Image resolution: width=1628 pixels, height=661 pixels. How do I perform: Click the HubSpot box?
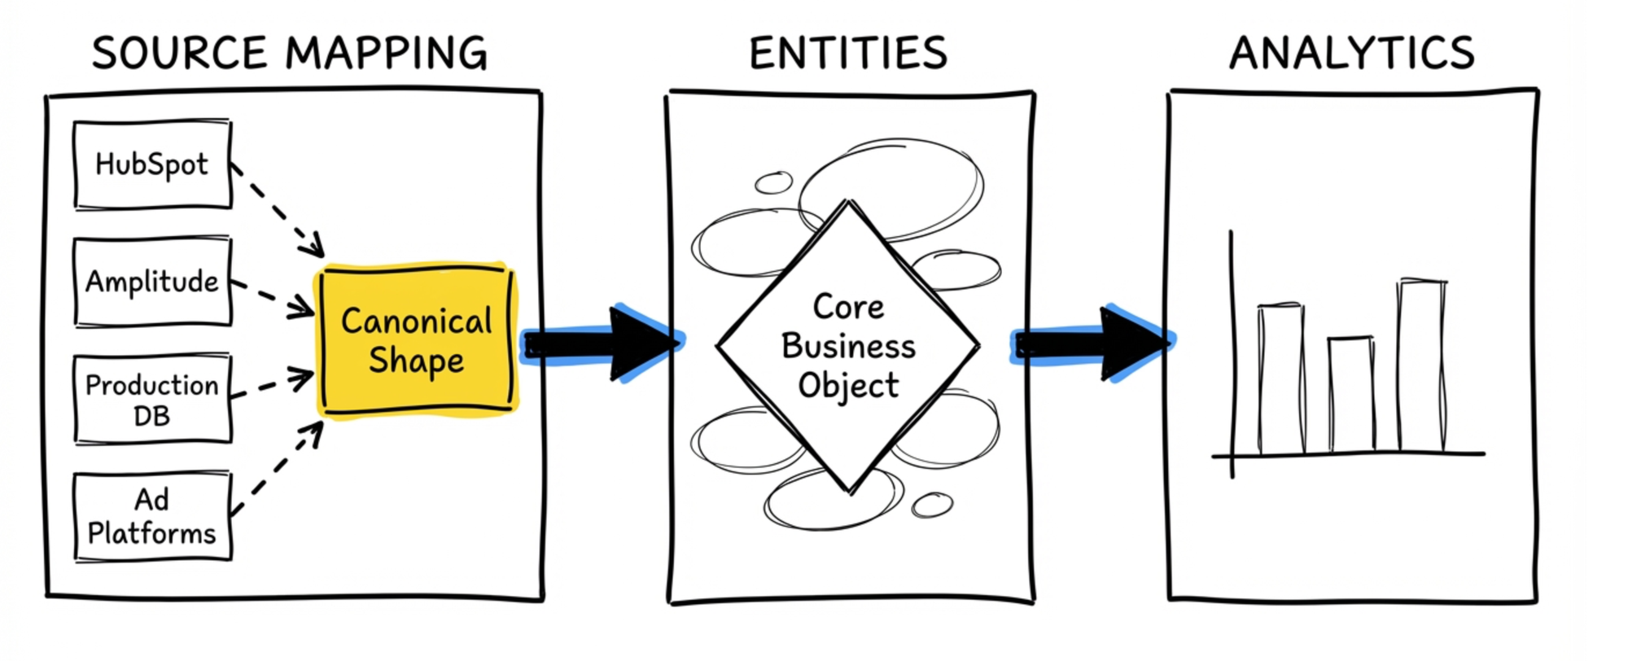point(152,164)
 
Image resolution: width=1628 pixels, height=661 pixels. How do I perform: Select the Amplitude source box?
point(152,282)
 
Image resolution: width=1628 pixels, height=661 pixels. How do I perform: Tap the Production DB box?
point(152,399)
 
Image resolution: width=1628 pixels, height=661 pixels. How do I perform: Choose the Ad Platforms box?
point(152,516)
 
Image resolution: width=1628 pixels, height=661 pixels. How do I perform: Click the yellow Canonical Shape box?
point(417,340)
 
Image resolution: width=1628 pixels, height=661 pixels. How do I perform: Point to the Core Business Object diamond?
point(848,346)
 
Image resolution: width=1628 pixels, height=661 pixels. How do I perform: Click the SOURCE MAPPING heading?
point(289,54)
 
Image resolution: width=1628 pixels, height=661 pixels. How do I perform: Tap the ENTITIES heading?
point(848,54)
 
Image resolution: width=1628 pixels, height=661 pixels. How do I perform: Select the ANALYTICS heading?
point(1351,54)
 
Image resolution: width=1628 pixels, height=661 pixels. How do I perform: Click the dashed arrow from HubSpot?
point(277,208)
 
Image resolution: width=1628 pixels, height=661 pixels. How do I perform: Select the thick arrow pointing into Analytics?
point(1091,344)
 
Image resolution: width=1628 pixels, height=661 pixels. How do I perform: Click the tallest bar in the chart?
point(1421,366)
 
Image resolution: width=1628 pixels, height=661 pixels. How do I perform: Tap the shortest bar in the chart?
point(1351,395)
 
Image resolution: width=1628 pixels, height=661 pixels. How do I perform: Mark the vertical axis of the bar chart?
point(1232,350)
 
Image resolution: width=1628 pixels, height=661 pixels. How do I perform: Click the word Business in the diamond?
point(848,347)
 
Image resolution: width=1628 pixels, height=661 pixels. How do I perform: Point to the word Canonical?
point(417,322)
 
